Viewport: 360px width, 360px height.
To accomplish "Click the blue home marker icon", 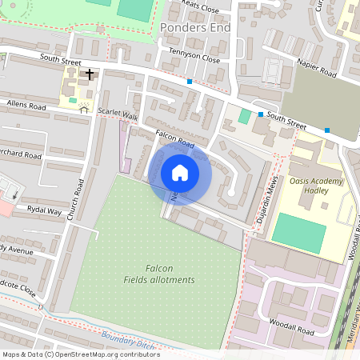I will click(180, 172).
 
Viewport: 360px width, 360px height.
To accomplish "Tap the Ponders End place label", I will click(195, 27).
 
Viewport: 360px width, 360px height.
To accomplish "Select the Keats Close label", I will click(200, 8).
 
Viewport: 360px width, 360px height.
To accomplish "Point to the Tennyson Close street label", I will click(194, 58).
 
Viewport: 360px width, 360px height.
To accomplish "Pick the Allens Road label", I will click(23, 105).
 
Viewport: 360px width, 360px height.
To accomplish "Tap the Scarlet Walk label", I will click(118, 114).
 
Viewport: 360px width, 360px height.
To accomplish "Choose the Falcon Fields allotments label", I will click(159, 274).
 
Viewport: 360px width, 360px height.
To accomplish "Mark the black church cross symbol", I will click(90, 74).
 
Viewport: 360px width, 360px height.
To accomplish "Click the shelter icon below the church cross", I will click(84, 109).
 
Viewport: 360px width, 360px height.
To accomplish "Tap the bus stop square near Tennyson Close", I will click(190, 82).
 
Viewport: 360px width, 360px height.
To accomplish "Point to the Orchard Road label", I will click(21, 154).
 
